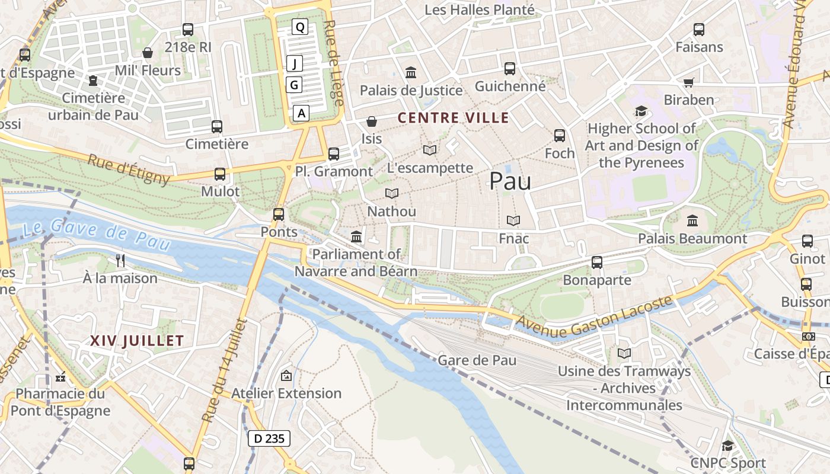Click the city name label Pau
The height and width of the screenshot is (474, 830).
coord(510,181)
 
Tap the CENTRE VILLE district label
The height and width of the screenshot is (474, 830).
coord(453,118)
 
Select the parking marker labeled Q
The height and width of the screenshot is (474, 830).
coord(300,27)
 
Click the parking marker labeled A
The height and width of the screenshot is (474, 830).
coord(302,113)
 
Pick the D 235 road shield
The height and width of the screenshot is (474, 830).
coord(269,438)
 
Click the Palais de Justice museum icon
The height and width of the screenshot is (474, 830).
coord(410,73)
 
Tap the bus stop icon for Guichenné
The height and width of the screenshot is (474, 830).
coord(510,69)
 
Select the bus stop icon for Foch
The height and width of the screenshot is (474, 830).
coord(560,136)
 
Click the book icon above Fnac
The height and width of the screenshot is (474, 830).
coord(513,221)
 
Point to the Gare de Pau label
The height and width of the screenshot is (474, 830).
coord(477,360)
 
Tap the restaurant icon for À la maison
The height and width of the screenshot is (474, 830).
coord(120,260)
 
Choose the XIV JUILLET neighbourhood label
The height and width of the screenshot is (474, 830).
coord(137,341)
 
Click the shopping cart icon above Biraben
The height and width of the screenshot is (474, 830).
coord(688,82)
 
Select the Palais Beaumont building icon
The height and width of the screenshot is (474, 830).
coord(692,221)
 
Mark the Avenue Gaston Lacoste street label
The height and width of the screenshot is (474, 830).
coord(595,316)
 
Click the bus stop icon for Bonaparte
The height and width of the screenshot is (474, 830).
coord(597,262)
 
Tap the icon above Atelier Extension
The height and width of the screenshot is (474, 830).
coord(286,376)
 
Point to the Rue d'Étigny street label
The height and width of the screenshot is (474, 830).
coord(129,169)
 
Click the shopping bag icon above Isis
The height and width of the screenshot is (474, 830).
coord(372,121)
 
